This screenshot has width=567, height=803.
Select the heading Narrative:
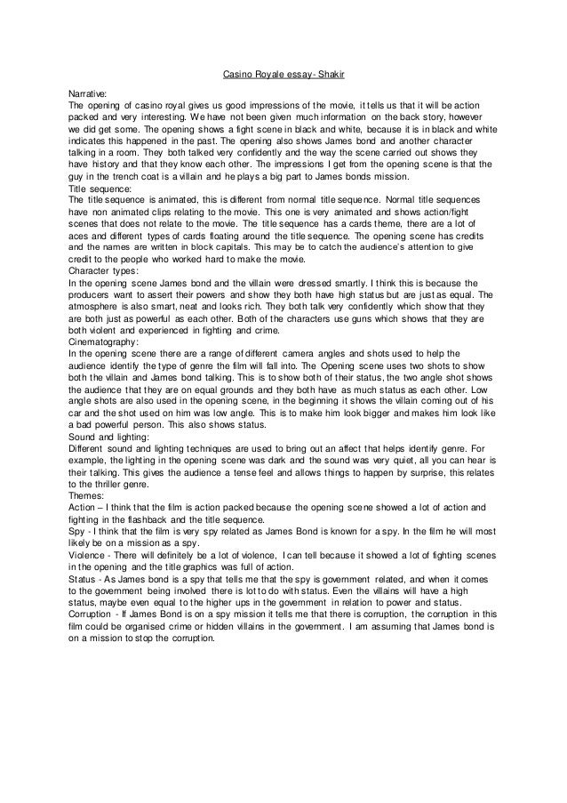click(88, 92)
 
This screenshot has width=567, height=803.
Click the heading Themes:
click(88, 495)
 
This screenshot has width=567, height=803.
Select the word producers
click(93, 294)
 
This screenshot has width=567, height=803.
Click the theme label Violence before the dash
click(87, 554)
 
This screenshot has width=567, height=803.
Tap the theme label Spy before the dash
click(77, 530)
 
